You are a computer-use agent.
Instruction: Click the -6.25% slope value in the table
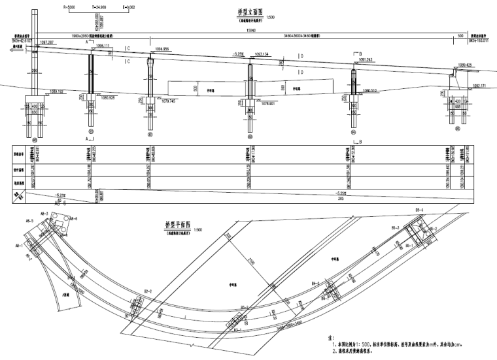tap(44, 195)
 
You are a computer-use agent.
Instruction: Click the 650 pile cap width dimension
tap(35, 112)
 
